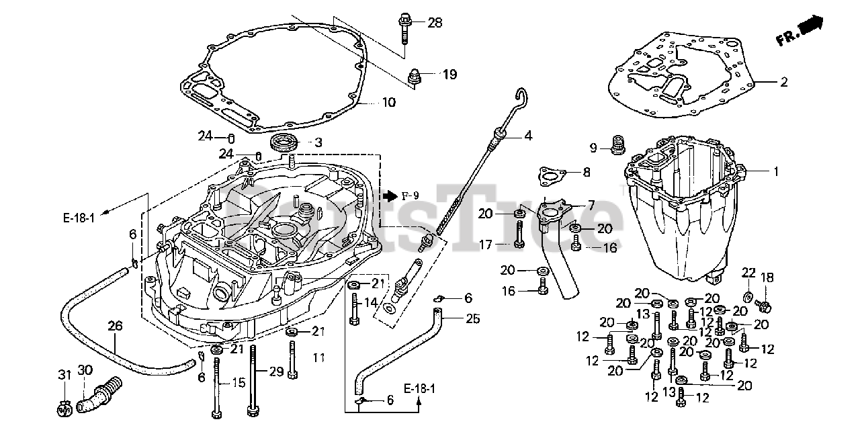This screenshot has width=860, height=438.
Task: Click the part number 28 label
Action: (x=435, y=23)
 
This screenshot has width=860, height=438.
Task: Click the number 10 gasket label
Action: (x=389, y=103)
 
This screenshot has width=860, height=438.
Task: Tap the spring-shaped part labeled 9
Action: (x=617, y=145)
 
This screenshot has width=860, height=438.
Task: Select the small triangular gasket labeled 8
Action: (x=552, y=177)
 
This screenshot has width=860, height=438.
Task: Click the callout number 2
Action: (x=783, y=82)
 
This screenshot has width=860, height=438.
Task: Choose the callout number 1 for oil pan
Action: (x=776, y=171)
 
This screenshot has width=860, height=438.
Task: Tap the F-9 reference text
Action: (x=411, y=196)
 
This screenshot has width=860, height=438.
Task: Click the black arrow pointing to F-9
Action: (x=390, y=196)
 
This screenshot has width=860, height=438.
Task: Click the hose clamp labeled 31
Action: (x=64, y=410)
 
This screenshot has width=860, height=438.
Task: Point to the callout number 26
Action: (x=115, y=326)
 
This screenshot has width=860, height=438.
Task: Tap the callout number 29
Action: (x=276, y=371)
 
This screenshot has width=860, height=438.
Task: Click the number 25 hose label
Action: (x=473, y=318)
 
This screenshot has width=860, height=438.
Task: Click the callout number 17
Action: (x=486, y=245)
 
